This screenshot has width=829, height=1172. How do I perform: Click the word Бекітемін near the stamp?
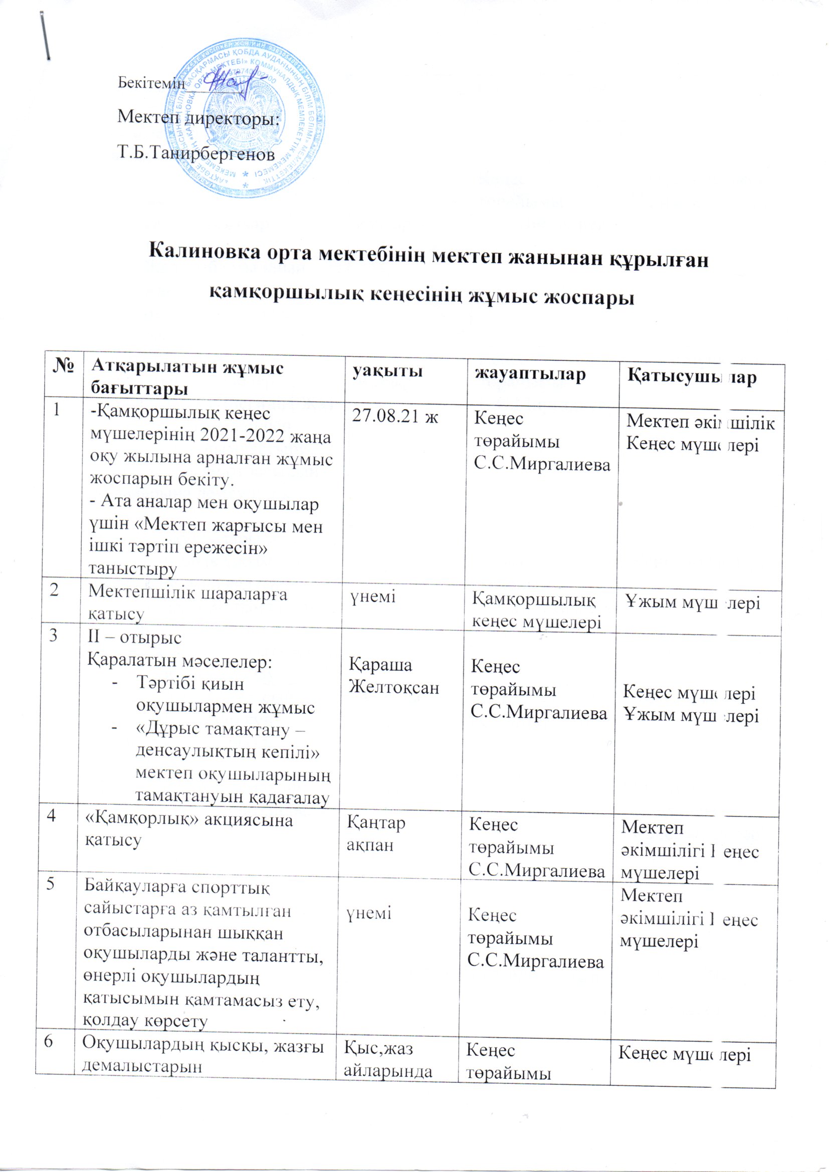[150, 83]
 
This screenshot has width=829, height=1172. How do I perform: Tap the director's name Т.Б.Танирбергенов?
[196, 152]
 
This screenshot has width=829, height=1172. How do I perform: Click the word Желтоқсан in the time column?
[393, 688]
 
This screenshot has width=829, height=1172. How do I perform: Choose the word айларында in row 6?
[388, 1066]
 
